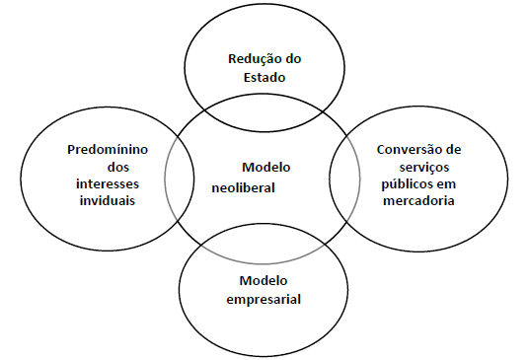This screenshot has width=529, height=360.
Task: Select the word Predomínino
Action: (109, 151)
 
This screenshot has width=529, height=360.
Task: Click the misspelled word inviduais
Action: (109, 201)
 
